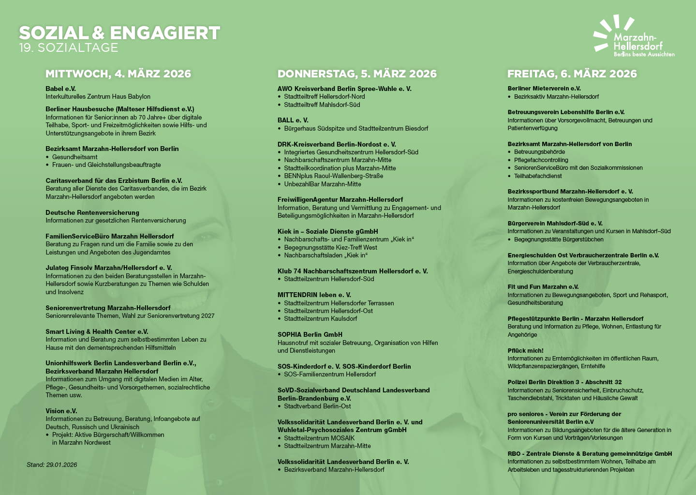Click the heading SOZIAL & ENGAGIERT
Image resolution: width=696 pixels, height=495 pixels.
click(119, 33)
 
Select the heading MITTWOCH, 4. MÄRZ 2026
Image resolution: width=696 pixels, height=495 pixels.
click(118, 74)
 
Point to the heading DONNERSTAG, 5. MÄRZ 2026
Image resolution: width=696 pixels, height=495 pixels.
click(356, 74)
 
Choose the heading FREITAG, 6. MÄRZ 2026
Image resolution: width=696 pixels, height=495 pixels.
click(572, 74)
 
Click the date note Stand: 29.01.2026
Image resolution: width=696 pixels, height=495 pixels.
click(52, 465)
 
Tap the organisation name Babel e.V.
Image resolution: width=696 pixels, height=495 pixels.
click(60, 89)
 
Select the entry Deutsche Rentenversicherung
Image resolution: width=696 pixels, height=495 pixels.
click(92, 212)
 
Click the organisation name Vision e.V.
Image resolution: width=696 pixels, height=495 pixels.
click(61, 411)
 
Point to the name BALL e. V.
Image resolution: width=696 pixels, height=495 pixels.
click(293, 120)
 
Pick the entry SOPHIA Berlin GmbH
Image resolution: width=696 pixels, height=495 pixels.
click(310, 334)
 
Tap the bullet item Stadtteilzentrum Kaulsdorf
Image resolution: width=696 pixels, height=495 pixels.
click(320, 318)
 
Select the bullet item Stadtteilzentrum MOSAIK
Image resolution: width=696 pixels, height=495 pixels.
click(319, 438)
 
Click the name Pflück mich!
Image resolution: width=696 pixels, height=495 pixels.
click(525, 350)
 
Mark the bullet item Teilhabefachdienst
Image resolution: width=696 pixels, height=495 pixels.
click(538, 176)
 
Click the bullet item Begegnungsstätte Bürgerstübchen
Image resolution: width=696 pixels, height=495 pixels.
click(559, 239)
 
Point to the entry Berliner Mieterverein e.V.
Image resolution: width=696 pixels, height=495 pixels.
click(544, 89)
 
